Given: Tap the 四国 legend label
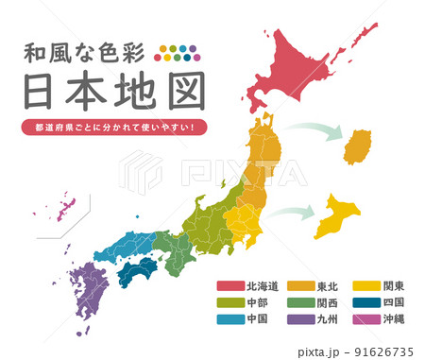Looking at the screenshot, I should point(394,303).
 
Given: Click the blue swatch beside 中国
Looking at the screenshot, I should point(230,319).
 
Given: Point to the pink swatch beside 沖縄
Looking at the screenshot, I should point(366,319).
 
